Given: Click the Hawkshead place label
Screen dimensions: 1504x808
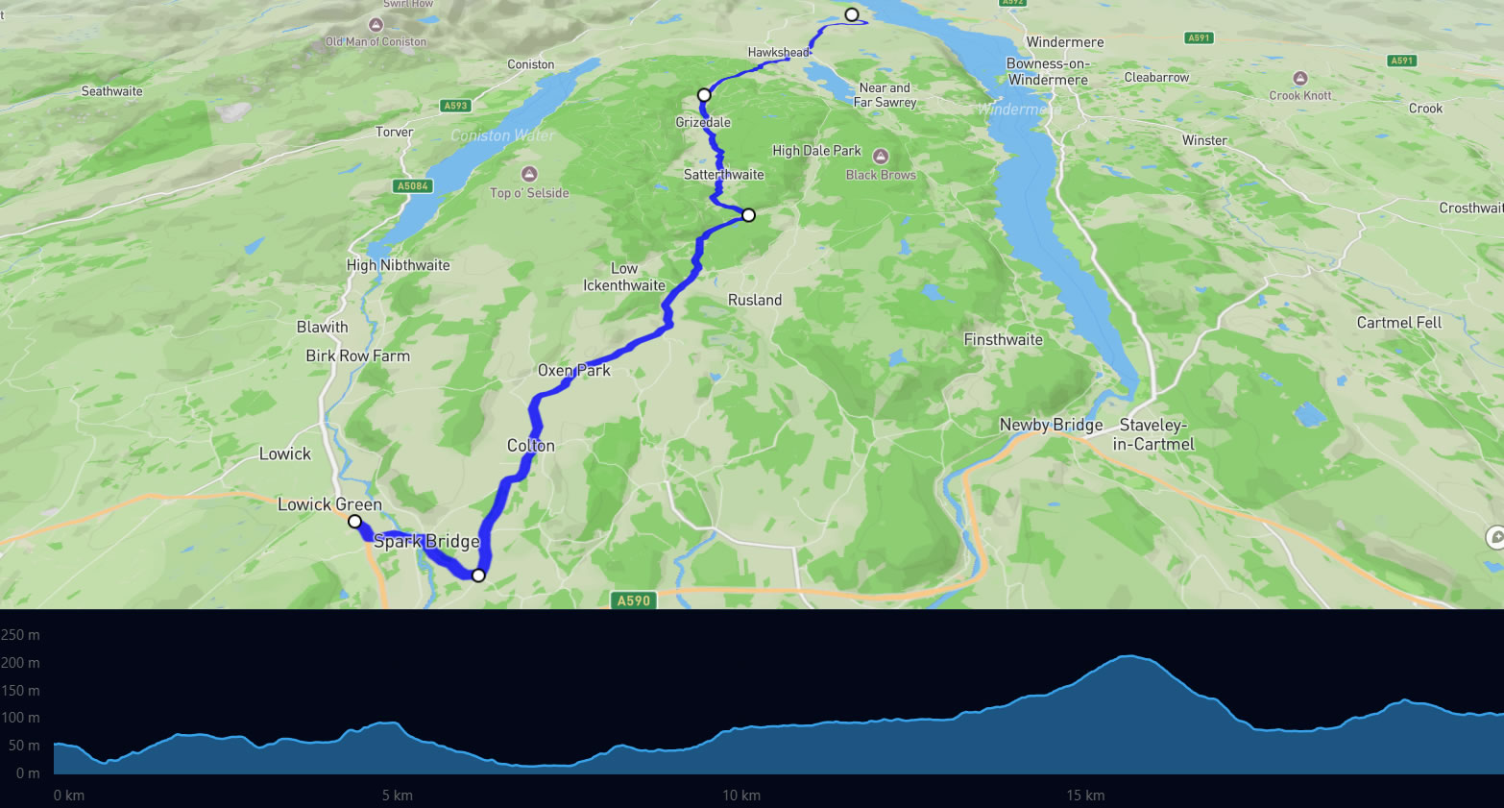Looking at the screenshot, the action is pyautogui.click(x=778, y=53).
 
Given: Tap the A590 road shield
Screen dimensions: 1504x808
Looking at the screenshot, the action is pyautogui.click(x=633, y=600).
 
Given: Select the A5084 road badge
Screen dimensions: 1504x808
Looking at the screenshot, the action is pyautogui.click(x=413, y=186).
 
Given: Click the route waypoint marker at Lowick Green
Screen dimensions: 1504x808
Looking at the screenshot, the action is pyautogui.click(x=354, y=522).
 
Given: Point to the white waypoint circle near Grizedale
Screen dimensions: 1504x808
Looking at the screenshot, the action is pyautogui.click(x=704, y=95).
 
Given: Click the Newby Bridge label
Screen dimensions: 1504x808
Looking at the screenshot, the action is pyautogui.click(x=1051, y=425).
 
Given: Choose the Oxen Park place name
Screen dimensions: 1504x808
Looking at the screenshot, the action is pyautogui.click(x=573, y=370).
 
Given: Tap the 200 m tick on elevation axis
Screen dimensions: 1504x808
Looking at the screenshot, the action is pyautogui.click(x=21, y=663).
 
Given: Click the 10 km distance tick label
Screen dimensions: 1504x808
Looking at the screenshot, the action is pyautogui.click(x=741, y=796).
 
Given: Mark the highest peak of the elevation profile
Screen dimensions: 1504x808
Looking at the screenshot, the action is pyautogui.click(x=1129, y=656).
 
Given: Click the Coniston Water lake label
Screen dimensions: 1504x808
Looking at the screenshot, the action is pyautogui.click(x=501, y=135).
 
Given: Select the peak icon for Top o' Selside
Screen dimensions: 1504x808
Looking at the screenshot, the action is pyautogui.click(x=528, y=174).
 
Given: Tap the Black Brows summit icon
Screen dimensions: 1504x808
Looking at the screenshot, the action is pyautogui.click(x=881, y=157).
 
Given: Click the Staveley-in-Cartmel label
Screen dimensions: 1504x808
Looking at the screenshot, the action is pyautogui.click(x=1153, y=434).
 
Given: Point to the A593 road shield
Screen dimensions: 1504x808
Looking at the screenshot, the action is pyautogui.click(x=455, y=106).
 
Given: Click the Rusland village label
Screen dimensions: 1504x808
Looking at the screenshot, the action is pyautogui.click(x=754, y=300).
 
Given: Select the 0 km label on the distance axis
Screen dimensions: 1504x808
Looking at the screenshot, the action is pyautogui.click(x=69, y=796).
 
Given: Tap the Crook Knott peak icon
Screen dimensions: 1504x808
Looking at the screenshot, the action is pyautogui.click(x=1299, y=79).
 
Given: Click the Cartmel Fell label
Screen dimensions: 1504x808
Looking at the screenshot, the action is pyautogui.click(x=1398, y=323).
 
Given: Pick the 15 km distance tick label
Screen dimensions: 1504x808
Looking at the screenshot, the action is pyautogui.click(x=1085, y=796).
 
